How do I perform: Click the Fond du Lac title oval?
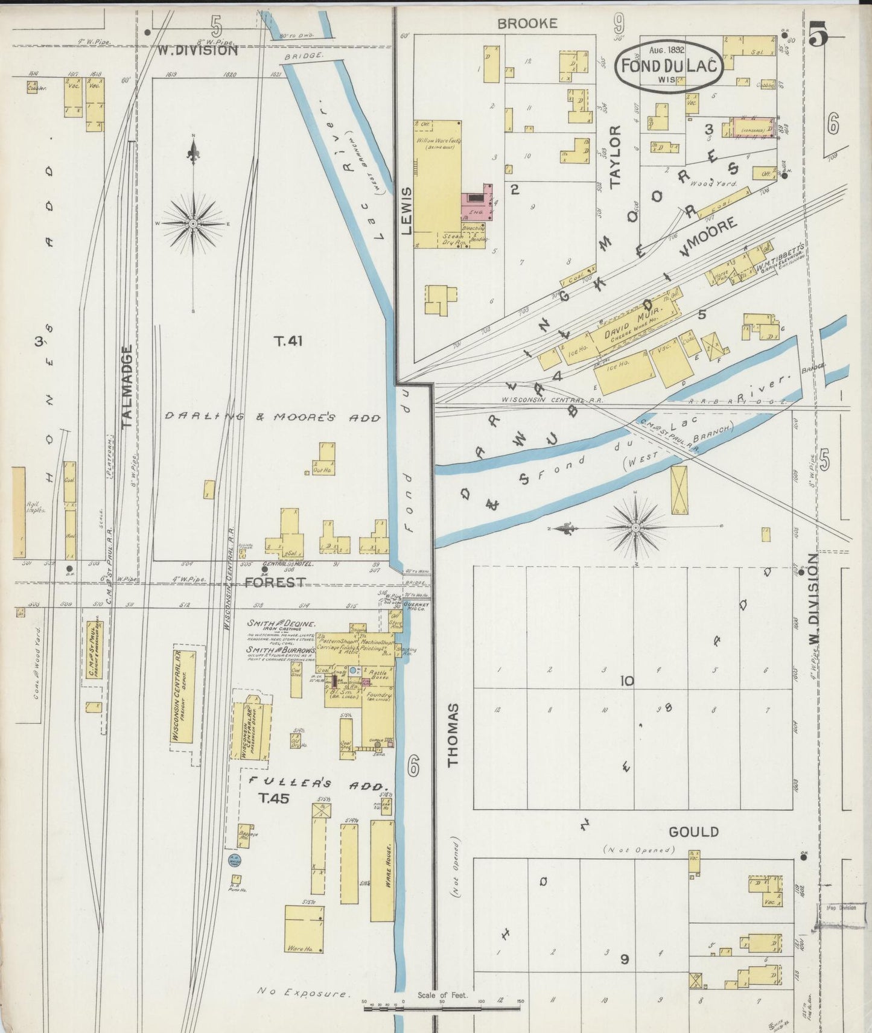(x=669, y=66)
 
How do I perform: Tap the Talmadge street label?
(x=127, y=386)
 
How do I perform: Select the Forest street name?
(x=275, y=582)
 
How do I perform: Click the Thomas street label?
(x=453, y=734)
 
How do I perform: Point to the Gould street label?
(x=693, y=832)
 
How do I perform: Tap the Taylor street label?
(x=615, y=157)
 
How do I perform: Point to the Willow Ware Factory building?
(x=438, y=181)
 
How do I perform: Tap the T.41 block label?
(x=288, y=342)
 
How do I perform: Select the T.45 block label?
(x=274, y=798)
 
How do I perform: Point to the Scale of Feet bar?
(x=442, y=1005)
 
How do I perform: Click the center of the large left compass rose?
(x=193, y=224)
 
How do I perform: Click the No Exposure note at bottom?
(x=304, y=992)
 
